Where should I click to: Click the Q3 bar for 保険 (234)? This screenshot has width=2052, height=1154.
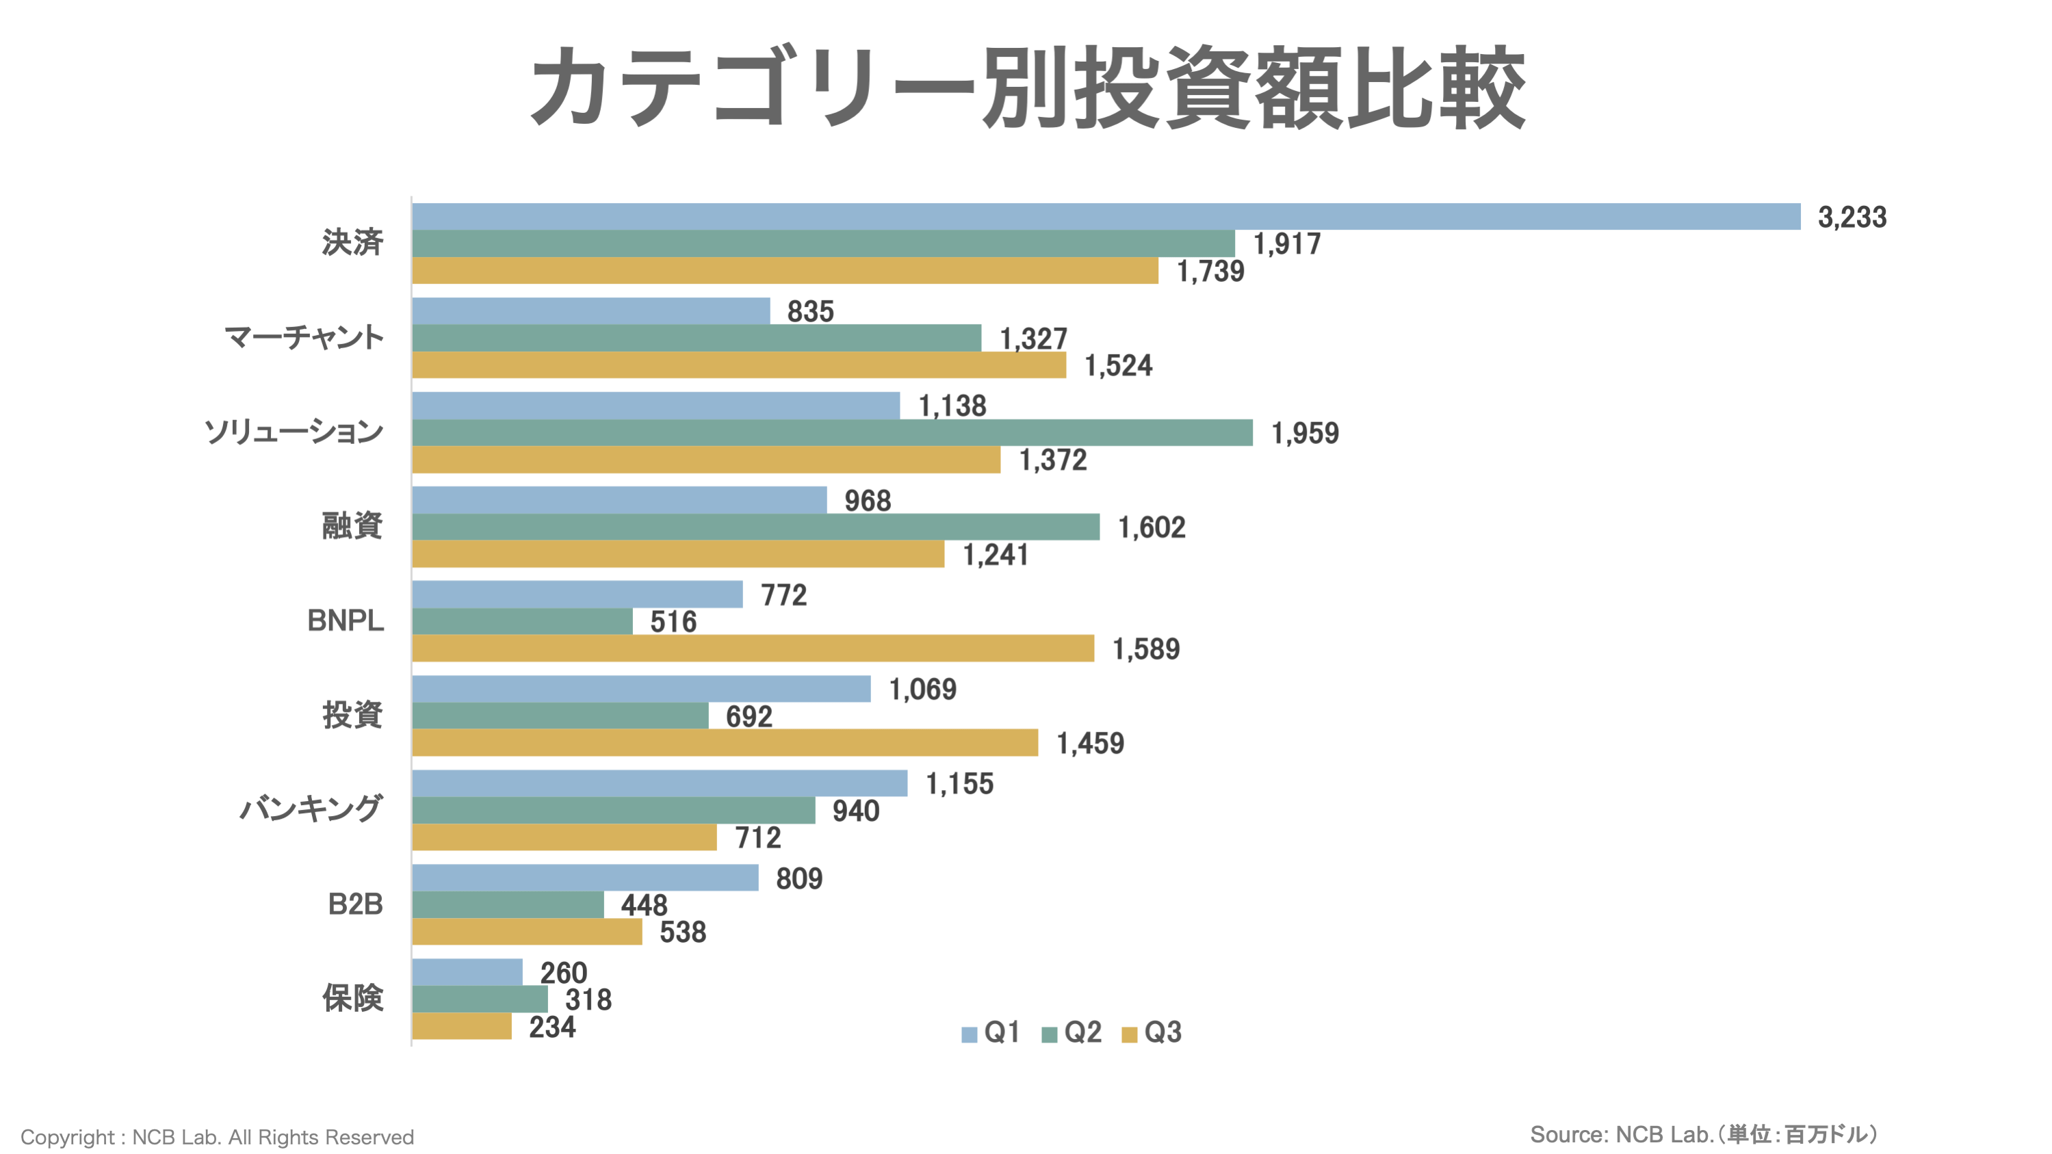click(462, 1026)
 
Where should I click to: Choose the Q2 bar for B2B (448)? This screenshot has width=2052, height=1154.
click(508, 905)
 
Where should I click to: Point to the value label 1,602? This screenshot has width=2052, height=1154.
click(1151, 527)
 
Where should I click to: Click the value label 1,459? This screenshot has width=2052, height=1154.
click(1090, 743)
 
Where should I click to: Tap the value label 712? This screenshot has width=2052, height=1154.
click(757, 838)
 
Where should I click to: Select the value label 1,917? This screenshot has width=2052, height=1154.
click(1286, 244)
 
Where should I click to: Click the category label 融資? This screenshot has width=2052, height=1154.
click(352, 525)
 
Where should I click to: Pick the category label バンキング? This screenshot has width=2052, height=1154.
click(311, 809)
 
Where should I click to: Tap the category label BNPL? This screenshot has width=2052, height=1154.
click(345, 620)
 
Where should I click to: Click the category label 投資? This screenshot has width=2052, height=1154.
click(352, 714)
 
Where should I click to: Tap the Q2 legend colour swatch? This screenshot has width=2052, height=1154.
click(1049, 1034)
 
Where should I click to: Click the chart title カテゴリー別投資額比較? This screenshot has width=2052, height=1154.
click(1027, 88)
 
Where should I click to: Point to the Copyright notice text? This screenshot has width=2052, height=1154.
click(217, 1136)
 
